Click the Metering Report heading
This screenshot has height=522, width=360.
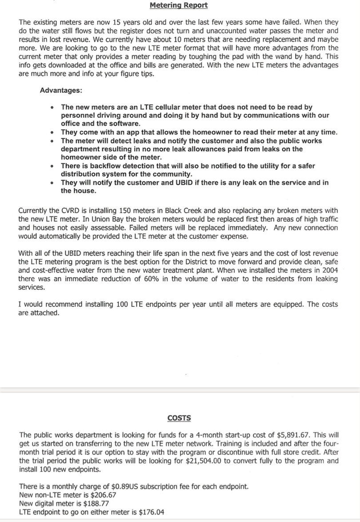click(x=179, y=5)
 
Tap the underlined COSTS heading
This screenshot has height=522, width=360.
click(x=179, y=418)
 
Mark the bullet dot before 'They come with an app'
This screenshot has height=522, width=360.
click(x=53, y=132)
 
